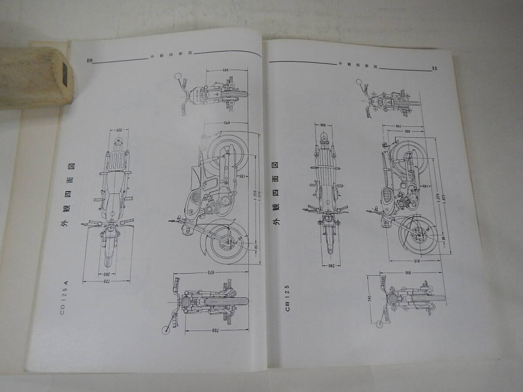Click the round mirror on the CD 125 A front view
coord(166,330)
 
